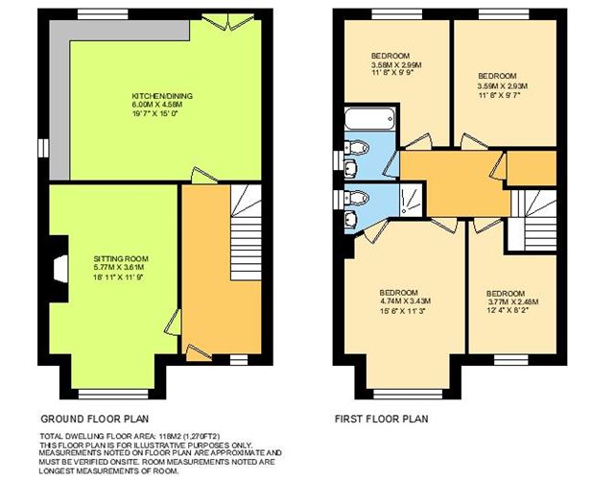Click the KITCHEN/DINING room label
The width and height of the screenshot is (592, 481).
(x=155, y=96)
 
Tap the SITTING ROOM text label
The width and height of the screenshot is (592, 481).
(x=120, y=259)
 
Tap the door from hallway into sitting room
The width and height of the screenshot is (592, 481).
(x=175, y=323)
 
